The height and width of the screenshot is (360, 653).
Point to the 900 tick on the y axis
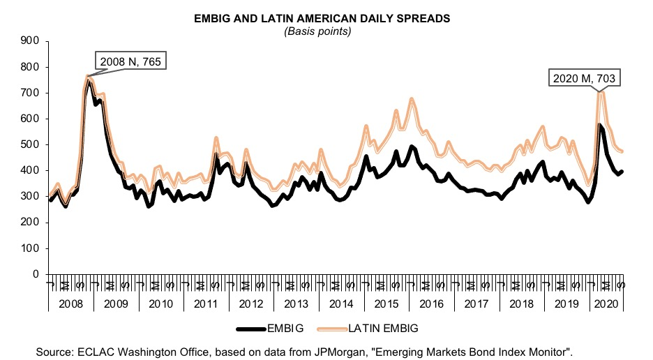(29, 41)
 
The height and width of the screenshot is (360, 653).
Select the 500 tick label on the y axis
(29, 145)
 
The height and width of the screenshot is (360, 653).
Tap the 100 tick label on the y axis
(29, 248)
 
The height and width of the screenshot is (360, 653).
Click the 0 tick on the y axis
(34, 274)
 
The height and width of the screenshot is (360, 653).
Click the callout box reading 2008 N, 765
(132, 61)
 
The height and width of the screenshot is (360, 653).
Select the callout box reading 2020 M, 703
(584, 79)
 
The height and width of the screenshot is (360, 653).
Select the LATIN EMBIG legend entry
(368, 327)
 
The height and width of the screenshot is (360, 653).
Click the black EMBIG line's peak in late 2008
(89, 82)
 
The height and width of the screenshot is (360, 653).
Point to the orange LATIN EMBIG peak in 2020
(600, 92)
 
